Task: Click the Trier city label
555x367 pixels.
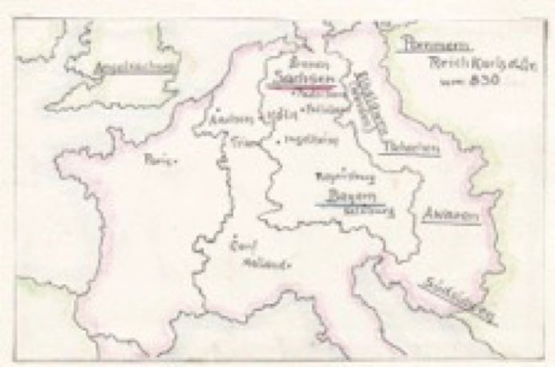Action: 241,142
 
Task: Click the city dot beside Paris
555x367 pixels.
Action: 176,161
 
